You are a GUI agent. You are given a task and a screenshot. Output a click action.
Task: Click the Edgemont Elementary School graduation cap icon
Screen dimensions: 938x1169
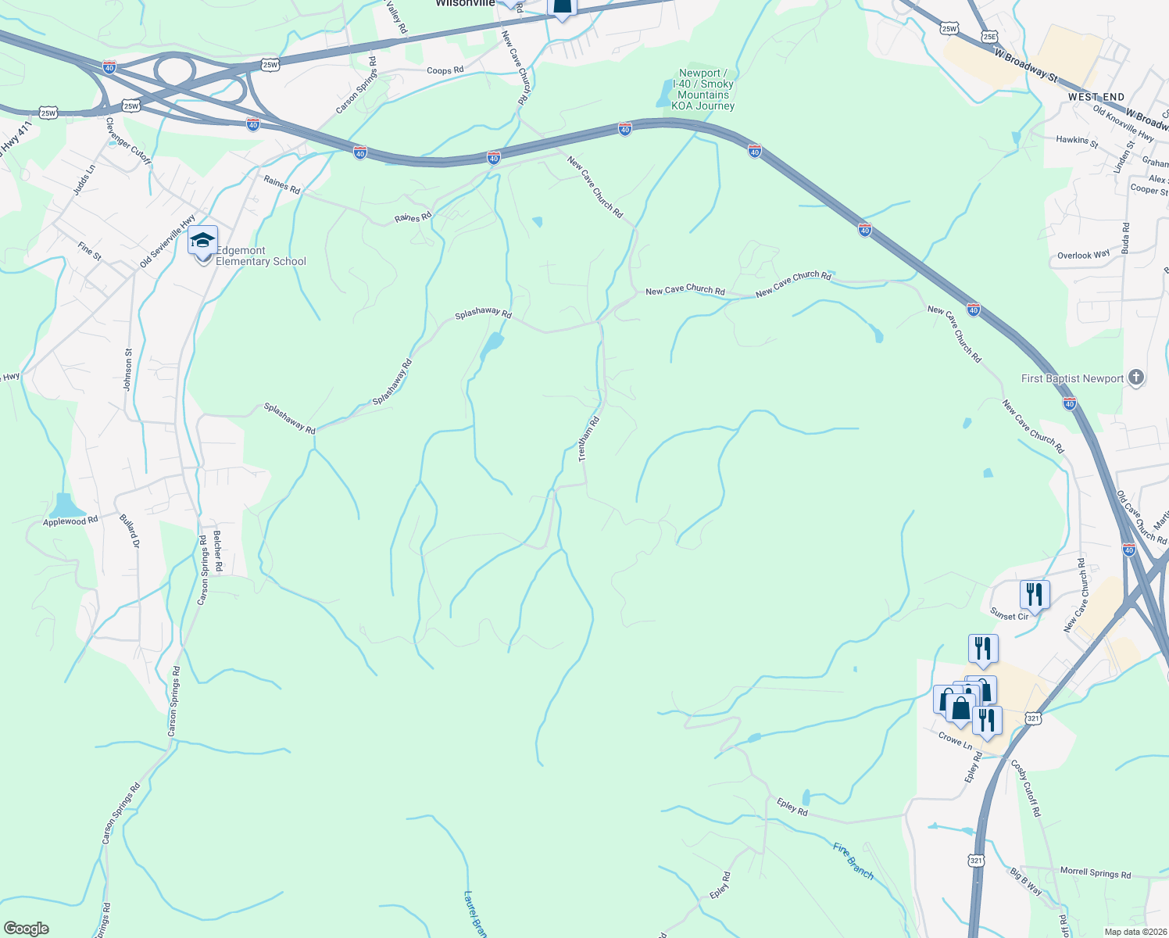[202, 242]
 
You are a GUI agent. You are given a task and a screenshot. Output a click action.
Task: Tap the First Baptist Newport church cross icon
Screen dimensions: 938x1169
[1136, 378]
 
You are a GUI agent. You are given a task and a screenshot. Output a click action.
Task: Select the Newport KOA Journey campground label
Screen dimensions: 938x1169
[703, 89]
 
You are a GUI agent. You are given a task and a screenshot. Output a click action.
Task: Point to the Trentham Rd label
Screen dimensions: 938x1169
[588, 439]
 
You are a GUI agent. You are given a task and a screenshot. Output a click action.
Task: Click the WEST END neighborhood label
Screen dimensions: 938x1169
[1096, 97]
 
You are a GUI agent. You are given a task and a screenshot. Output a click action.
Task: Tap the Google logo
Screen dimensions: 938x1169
[26, 929]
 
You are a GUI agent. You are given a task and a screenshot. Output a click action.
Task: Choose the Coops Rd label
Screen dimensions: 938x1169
[445, 70]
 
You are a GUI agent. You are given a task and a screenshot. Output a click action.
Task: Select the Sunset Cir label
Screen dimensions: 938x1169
[1010, 616]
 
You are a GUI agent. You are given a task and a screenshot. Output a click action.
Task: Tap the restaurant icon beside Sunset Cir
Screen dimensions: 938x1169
[1034, 596]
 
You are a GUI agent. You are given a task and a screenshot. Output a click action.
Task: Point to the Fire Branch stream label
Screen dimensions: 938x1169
[853, 860]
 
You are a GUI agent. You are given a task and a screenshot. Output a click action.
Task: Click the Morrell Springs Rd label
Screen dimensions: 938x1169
[1095, 873]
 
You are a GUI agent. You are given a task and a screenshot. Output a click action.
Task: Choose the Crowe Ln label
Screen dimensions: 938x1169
[955, 740]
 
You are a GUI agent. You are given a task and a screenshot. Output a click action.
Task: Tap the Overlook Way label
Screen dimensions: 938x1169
[1083, 256]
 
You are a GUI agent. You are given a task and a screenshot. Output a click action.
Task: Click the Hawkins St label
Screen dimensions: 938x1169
[1077, 141]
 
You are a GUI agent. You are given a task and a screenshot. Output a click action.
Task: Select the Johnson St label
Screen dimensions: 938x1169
[128, 370]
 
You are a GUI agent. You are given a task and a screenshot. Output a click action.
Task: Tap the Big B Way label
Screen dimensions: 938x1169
[1026, 882]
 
